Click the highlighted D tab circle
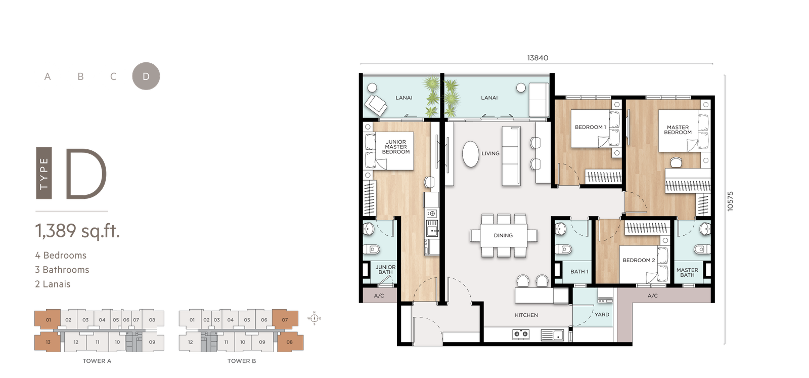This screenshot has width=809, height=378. click(x=146, y=76)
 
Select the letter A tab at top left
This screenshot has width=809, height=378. click(x=48, y=76)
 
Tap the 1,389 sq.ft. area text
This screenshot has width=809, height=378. click(x=77, y=231)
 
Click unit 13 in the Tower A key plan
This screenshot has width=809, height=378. click(x=48, y=342)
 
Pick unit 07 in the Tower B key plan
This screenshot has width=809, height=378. click(x=285, y=319)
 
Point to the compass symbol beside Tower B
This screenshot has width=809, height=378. click(x=314, y=318)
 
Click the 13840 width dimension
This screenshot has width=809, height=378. click(x=537, y=58)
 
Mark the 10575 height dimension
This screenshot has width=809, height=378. click(x=730, y=201)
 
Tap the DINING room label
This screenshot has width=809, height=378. click(x=503, y=235)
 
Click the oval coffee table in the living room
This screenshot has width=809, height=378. click(x=471, y=154)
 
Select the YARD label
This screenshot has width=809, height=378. click(x=602, y=314)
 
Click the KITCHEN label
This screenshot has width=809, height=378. click(x=526, y=315)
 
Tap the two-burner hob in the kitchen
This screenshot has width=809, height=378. click(x=521, y=334)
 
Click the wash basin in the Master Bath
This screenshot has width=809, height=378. click(x=705, y=228)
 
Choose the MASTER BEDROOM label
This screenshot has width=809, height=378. click(x=678, y=130)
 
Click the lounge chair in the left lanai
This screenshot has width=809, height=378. click(x=376, y=104)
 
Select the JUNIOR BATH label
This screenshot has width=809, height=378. click(x=385, y=270)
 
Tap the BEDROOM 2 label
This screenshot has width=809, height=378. click(x=639, y=260)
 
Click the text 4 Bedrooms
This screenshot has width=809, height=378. click(x=61, y=255)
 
